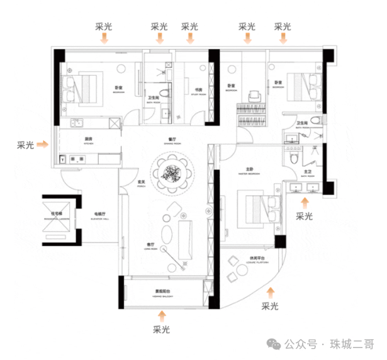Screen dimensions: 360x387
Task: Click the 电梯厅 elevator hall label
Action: point(100,213)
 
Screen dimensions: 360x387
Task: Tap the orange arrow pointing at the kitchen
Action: point(43,145)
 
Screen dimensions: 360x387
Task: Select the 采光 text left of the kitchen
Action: point(25,145)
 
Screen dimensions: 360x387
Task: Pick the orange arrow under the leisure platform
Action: point(271,292)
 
